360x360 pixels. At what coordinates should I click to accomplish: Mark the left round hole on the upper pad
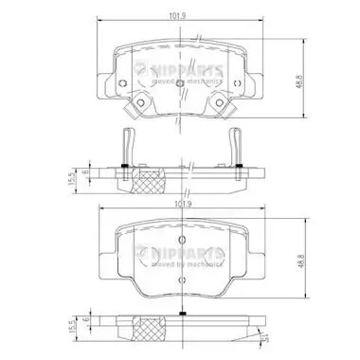point(140,105)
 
